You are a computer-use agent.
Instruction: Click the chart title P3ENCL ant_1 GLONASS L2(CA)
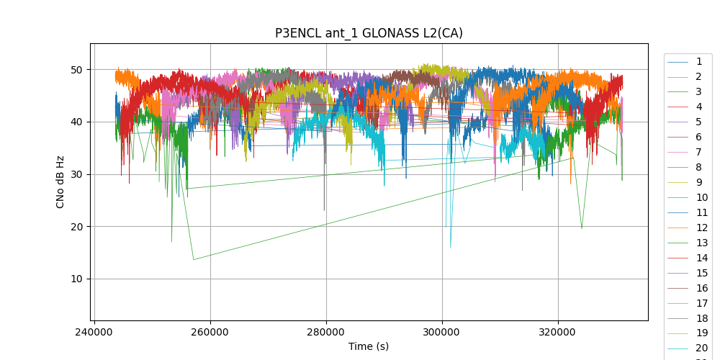(x=369, y=33)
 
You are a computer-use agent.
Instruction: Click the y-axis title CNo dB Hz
(x=60, y=182)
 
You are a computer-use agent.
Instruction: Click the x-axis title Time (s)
(x=369, y=346)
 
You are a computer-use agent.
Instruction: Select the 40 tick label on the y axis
(x=76, y=122)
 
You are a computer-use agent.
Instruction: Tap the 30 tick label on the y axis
(x=76, y=174)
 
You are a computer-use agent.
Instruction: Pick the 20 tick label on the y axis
(x=76, y=227)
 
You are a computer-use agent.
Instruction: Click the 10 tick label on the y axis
(x=76, y=279)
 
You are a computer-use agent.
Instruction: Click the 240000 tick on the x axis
(x=94, y=333)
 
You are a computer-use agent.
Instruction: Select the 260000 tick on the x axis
(x=210, y=333)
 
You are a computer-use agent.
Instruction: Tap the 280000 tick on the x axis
(x=326, y=333)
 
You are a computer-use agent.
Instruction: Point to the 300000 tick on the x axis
(x=442, y=333)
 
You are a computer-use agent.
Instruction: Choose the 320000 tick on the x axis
(x=558, y=333)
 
